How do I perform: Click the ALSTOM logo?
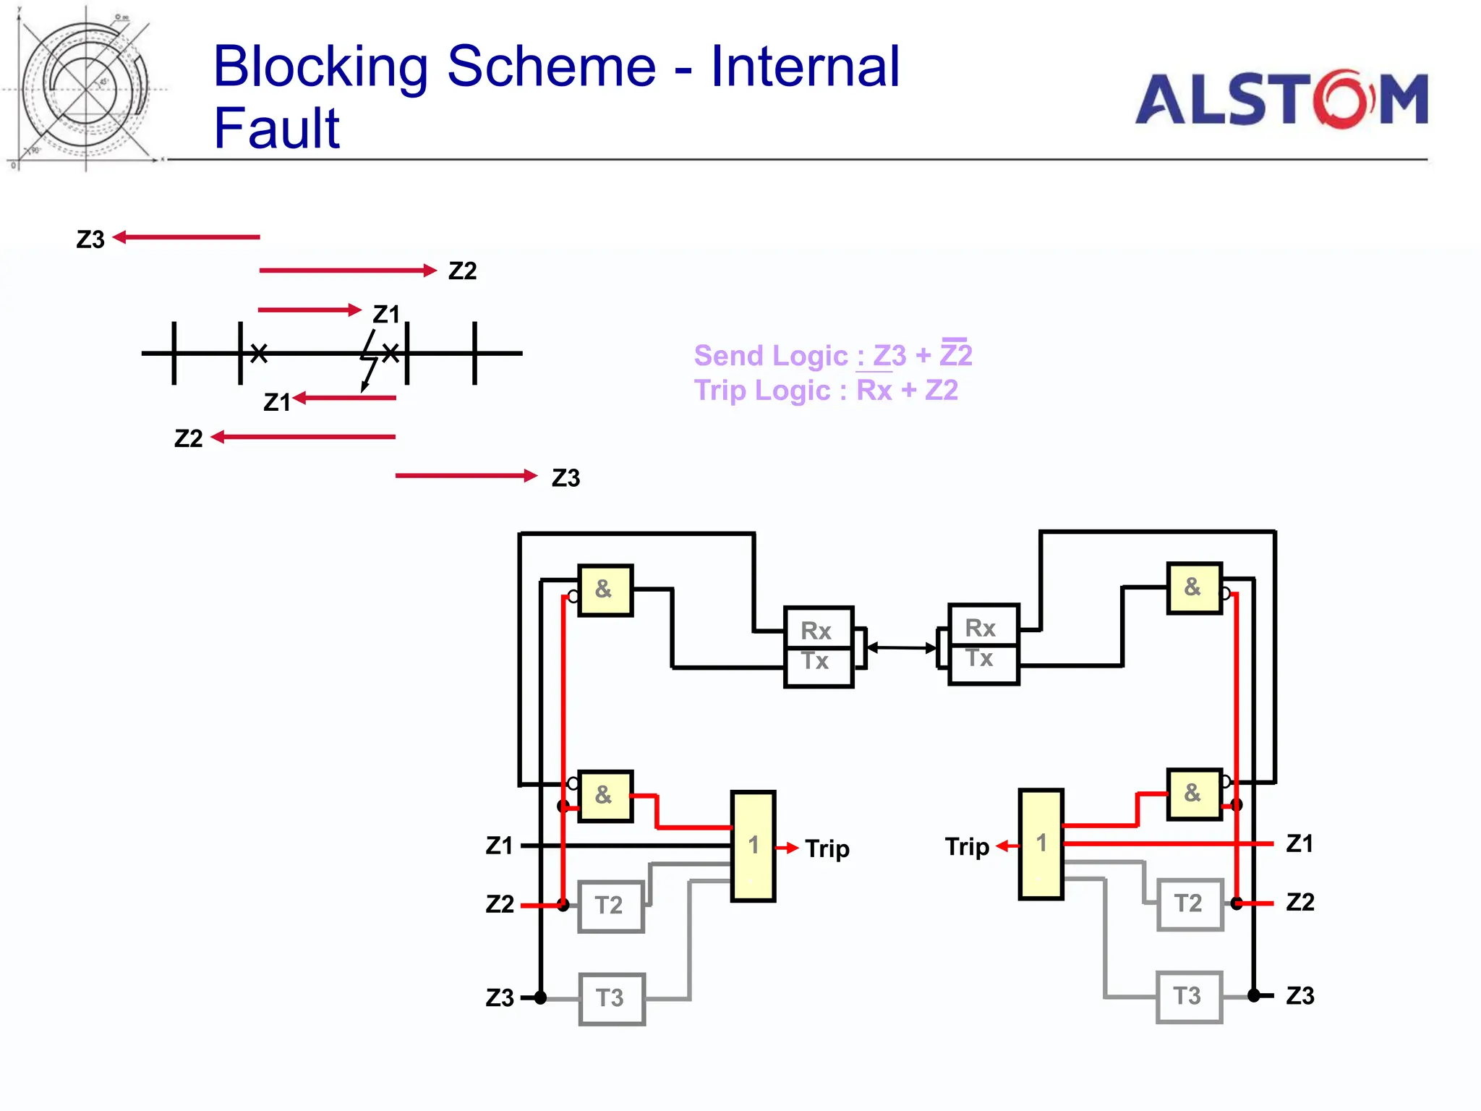tap(1281, 99)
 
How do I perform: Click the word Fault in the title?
tap(276, 128)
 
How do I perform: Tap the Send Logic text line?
tap(832, 355)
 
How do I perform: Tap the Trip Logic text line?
tap(826, 391)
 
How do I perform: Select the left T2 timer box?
tap(611, 906)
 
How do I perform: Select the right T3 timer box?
tap(1189, 997)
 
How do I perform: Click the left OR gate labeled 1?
tap(753, 846)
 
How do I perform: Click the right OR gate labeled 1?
tap(1041, 843)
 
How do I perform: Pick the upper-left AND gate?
tap(605, 590)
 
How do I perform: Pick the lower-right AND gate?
tap(1194, 793)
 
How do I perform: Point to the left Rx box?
tap(818, 629)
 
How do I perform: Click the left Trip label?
tap(827, 848)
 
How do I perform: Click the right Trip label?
tap(967, 846)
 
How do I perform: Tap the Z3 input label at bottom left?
tap(500, 998)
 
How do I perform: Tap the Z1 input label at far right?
tap(1299, 843)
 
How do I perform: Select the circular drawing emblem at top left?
tap(85, 88)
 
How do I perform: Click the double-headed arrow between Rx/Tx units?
tap(901, 647)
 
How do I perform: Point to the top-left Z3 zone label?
tap(90, 239)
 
